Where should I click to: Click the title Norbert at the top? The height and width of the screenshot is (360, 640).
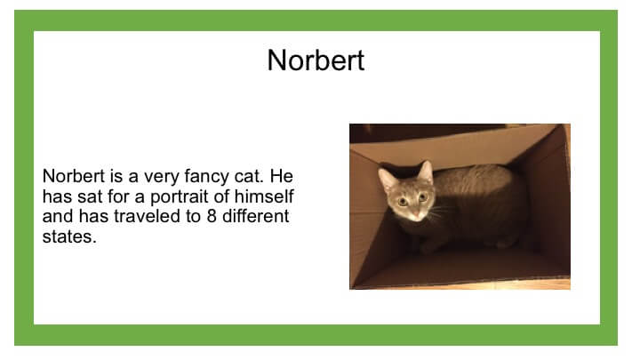(316, 60)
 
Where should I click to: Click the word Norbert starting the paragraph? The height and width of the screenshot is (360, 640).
(74, 176)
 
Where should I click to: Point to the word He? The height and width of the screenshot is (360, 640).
(281, 176)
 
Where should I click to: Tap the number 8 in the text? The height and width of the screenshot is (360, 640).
(212, 216)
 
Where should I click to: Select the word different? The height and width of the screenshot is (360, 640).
(255, 216)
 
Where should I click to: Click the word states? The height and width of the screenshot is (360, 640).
(69, 236)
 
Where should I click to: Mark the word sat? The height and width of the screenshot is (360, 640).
(90, 196)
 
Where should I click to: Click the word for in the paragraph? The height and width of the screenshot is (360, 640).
(118, 196)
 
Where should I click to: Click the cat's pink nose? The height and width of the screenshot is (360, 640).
(415, 214)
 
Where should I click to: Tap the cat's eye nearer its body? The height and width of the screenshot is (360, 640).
(423, 197)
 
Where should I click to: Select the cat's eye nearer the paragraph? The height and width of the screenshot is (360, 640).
(403, 201)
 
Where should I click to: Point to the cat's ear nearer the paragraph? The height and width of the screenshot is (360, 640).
(387, 179)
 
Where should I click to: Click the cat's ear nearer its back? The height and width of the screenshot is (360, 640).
(426, 172)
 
